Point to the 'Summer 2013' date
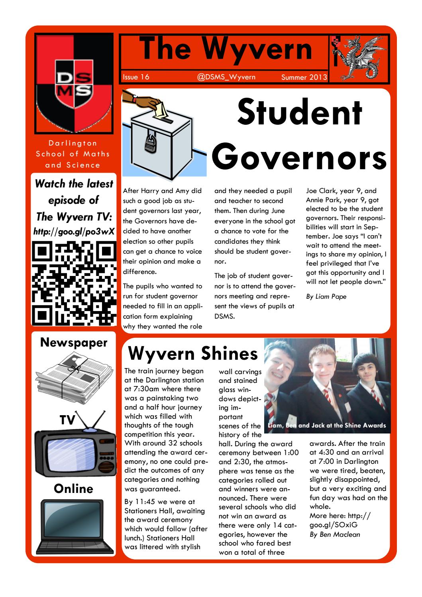pos(304,77)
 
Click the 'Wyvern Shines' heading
pos(192,353)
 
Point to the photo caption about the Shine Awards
pos(327,426)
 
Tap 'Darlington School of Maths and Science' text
pos(73,154)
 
